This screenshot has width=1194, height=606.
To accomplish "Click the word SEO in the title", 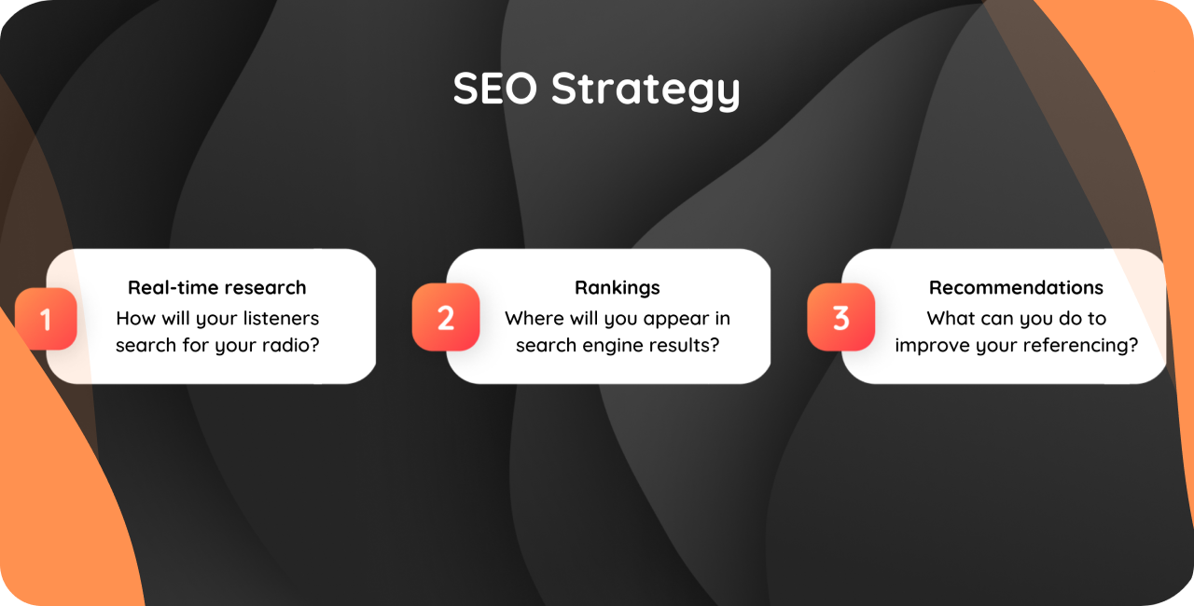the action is (495, 89).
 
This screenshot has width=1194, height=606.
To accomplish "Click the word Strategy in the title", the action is (646, 90).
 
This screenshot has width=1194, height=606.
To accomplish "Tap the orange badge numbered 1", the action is (46, 319).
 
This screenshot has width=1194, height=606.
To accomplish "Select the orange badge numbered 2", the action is (446, 317).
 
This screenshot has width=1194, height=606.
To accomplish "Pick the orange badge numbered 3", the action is (840, 317).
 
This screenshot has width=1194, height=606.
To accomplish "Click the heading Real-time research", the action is (217, 287).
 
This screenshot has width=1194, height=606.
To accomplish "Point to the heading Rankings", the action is (618, 288).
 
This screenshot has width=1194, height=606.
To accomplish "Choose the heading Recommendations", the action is (1016, 287).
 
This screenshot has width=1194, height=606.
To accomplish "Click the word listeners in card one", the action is (281, 318).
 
